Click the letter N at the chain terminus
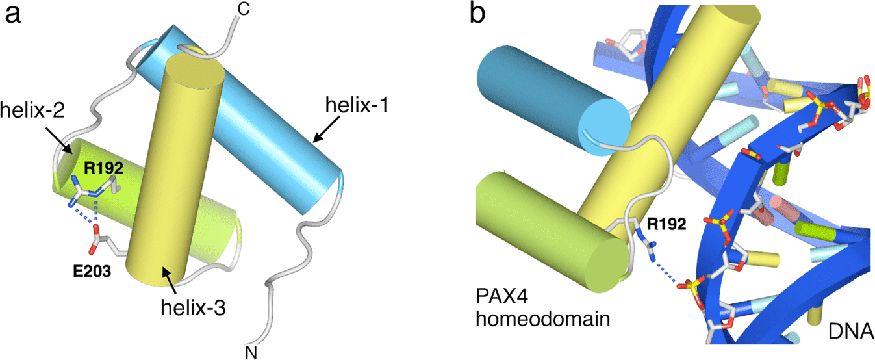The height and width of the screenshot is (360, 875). click(x=253, y=351)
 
